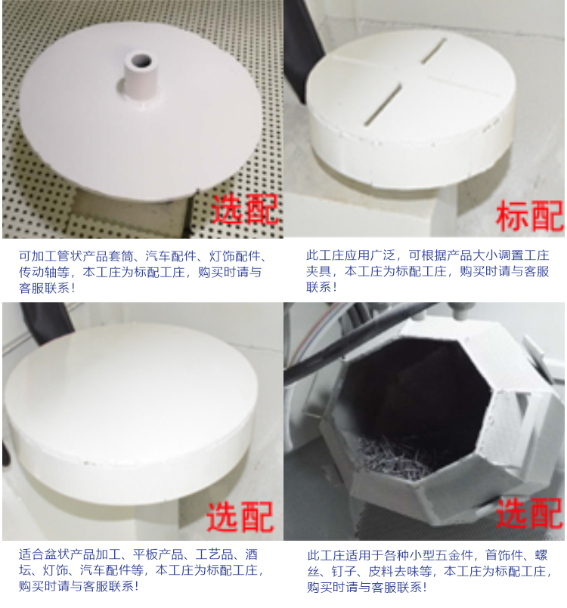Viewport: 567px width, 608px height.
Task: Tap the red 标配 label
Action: click(x=530, y=216)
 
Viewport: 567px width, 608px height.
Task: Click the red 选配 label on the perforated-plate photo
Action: click(x=245, y=209)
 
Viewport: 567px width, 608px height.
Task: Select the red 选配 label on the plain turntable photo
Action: click(x=240, y=517)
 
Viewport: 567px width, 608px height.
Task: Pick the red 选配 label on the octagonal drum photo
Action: click(x=529, y=513)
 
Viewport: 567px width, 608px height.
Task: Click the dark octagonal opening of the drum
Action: click(x=417, y=403)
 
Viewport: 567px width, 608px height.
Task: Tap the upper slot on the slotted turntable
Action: click(x=433, y=51)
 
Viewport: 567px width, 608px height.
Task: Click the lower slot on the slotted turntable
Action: click(x=383, y=105)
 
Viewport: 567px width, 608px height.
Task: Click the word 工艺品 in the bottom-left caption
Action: click(x=214, y=554)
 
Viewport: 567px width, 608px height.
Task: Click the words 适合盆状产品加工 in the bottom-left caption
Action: click(x=70, y=554)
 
